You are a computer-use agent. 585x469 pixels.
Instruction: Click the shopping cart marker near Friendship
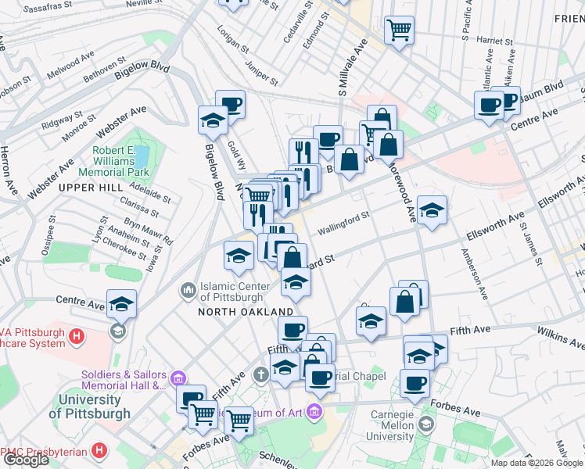pyautogui.click(x=399, y=30)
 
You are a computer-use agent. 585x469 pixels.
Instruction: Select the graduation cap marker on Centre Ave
pyautogui.click(x=122, y=303)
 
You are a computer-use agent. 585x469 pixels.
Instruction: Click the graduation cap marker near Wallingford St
pyautogui.click(x=431, y=209)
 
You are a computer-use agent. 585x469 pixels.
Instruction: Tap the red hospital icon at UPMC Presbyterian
pyautogui.click(x=99, y=451)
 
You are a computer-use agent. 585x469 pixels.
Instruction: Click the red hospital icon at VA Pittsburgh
pyautogui.click(x=77, y=337)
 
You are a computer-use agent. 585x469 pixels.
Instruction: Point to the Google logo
pyautogui.click(x=26, y=460)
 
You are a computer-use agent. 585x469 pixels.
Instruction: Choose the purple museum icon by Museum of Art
pyautogui.click(x=314, y=410)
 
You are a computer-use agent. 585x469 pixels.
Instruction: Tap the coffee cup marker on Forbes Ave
pyautogui.click(x=415, y=383)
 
